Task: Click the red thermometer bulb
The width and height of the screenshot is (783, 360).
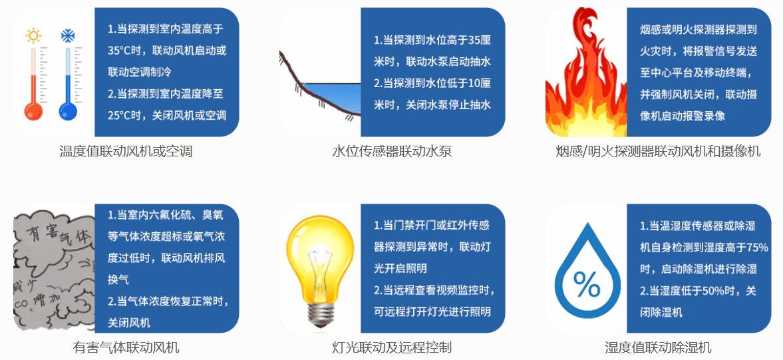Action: pos(34,110)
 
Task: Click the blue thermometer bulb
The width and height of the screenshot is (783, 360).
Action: pos(67,110)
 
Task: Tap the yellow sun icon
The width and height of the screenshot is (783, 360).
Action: pos(33,35)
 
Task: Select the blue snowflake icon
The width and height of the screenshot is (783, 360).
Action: pos(67,35)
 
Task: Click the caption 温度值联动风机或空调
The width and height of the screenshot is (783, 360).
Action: pos(126,152)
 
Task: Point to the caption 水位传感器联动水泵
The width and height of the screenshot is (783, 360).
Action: pos(392,152)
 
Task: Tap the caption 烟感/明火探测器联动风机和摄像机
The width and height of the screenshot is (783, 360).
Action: pos(658,152)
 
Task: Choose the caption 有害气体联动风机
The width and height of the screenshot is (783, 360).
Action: pos(126,347)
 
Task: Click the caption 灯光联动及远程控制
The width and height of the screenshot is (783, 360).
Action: pos(392,347)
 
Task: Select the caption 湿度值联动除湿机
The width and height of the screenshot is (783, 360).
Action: pos(658,347)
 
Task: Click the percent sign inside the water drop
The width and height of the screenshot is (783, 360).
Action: pos(586,284)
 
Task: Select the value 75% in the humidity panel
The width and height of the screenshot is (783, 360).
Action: pos(757,248)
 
